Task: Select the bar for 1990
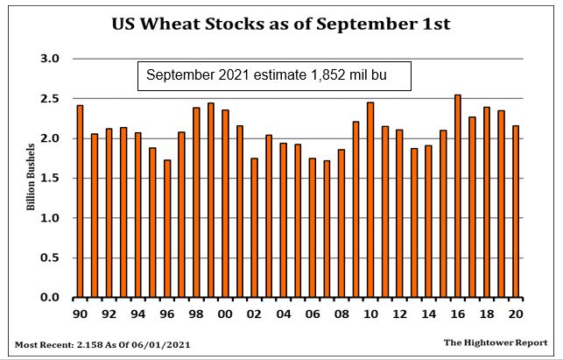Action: coord(81,201)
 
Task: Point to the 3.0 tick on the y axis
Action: coord(49,59)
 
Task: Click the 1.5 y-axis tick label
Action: coord(49,178)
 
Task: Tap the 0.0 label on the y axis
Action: coord(49,298)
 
